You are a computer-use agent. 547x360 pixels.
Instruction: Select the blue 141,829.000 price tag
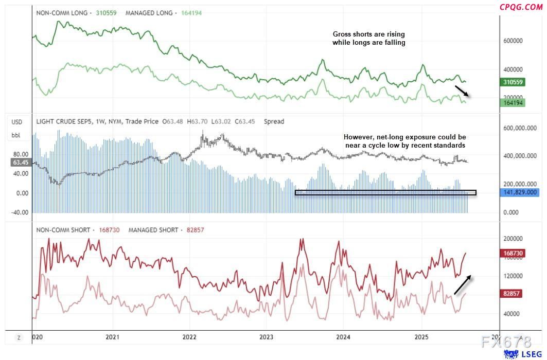coord(519,192)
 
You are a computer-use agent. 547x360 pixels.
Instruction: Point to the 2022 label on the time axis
coord(189,337)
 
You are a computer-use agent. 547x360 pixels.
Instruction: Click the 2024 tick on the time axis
coord(343,337)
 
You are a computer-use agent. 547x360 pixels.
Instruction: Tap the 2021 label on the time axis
coord(113,337)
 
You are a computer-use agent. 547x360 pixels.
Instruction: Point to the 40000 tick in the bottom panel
coord(513,314)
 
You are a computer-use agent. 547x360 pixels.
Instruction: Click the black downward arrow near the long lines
coord(462,92)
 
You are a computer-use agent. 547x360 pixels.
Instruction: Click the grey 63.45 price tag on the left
coord(21,163)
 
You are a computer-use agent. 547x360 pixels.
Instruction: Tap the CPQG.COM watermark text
coord(521,7)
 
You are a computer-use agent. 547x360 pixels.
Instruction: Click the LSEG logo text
coord(531,354)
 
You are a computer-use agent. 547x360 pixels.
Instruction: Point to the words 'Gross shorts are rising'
coord(368,34)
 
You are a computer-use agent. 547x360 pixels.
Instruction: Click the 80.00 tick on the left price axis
coord(20,154)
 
